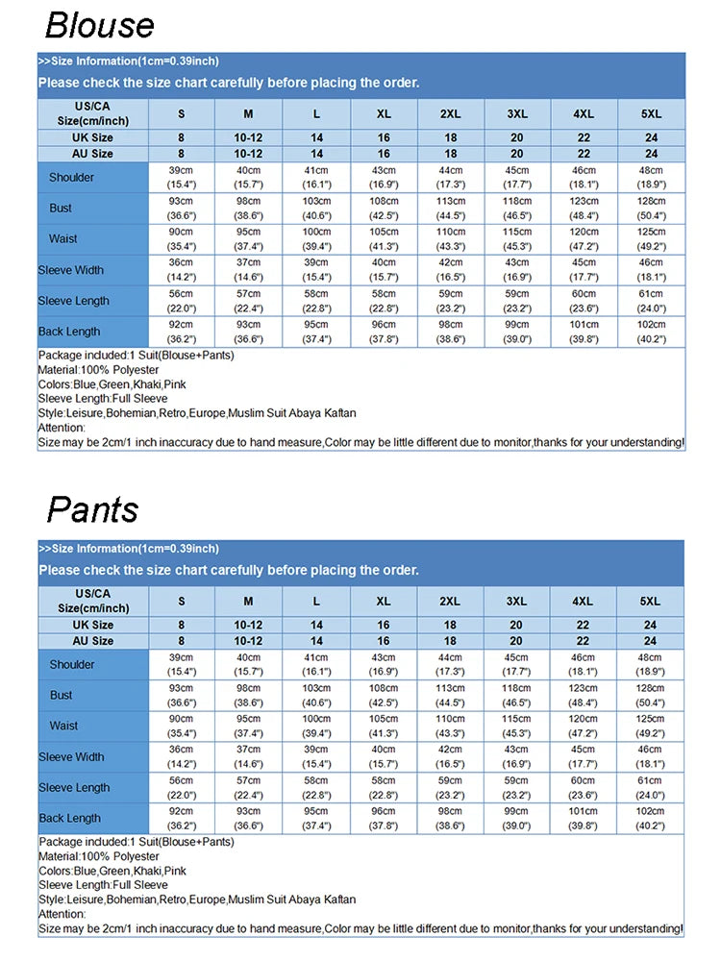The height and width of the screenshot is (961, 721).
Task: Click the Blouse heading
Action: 99,25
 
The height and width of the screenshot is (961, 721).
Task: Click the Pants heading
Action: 92,510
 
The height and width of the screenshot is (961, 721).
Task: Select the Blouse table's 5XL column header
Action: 652,113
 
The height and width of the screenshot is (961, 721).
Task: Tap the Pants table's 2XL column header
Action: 449,601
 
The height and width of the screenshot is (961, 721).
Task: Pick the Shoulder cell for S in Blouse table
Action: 181,177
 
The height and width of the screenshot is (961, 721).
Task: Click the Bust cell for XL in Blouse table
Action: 384,208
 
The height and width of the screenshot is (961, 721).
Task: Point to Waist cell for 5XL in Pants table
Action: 651,726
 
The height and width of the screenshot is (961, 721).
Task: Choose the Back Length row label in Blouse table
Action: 69,332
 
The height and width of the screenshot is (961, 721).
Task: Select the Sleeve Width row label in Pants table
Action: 71,757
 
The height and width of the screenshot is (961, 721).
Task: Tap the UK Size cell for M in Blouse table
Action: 248,138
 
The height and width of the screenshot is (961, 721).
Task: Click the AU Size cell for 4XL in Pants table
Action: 583,641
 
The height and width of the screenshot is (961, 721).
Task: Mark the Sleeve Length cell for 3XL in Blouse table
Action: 517,300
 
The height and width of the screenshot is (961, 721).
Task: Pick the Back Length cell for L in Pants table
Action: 316,818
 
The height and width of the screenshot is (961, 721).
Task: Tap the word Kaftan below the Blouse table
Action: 337,413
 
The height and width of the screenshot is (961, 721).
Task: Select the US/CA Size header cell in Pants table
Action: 93,601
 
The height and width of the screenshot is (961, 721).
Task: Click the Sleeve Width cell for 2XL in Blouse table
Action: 450,269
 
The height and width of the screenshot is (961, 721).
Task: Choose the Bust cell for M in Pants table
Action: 248,695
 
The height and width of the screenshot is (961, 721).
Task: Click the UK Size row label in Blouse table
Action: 93,138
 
